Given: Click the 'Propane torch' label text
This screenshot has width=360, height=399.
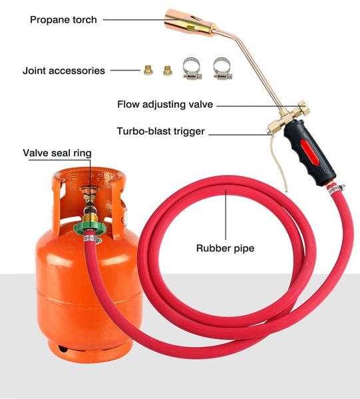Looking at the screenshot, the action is coord(63,20).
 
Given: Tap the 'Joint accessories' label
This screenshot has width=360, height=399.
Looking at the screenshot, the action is coord(64,70).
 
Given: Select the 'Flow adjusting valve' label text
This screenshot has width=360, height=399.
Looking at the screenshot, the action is coord(165,104).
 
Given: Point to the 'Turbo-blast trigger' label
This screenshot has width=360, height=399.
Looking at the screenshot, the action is coord(160,131).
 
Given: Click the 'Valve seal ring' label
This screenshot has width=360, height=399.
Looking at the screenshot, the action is coord(57,153).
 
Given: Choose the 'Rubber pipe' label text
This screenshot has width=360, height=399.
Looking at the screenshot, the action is coord(225,248).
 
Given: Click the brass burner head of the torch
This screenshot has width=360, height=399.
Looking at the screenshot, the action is coord(190,23).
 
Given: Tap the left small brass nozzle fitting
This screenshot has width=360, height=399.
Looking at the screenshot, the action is coord(148,70).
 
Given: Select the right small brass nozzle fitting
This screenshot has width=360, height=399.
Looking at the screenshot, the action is coord(168,70).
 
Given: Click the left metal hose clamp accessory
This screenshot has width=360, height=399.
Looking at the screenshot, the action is coord(192,68).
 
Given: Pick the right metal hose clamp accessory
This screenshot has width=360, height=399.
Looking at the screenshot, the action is coord(222,68).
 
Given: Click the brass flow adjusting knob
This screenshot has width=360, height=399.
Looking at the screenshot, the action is coord(304,108).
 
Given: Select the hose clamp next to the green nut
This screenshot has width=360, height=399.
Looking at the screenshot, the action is coord(92,239).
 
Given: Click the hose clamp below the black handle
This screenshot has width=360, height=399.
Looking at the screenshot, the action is coord(336,189).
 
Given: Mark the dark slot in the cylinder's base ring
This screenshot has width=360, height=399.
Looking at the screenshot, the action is coord(63,348).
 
